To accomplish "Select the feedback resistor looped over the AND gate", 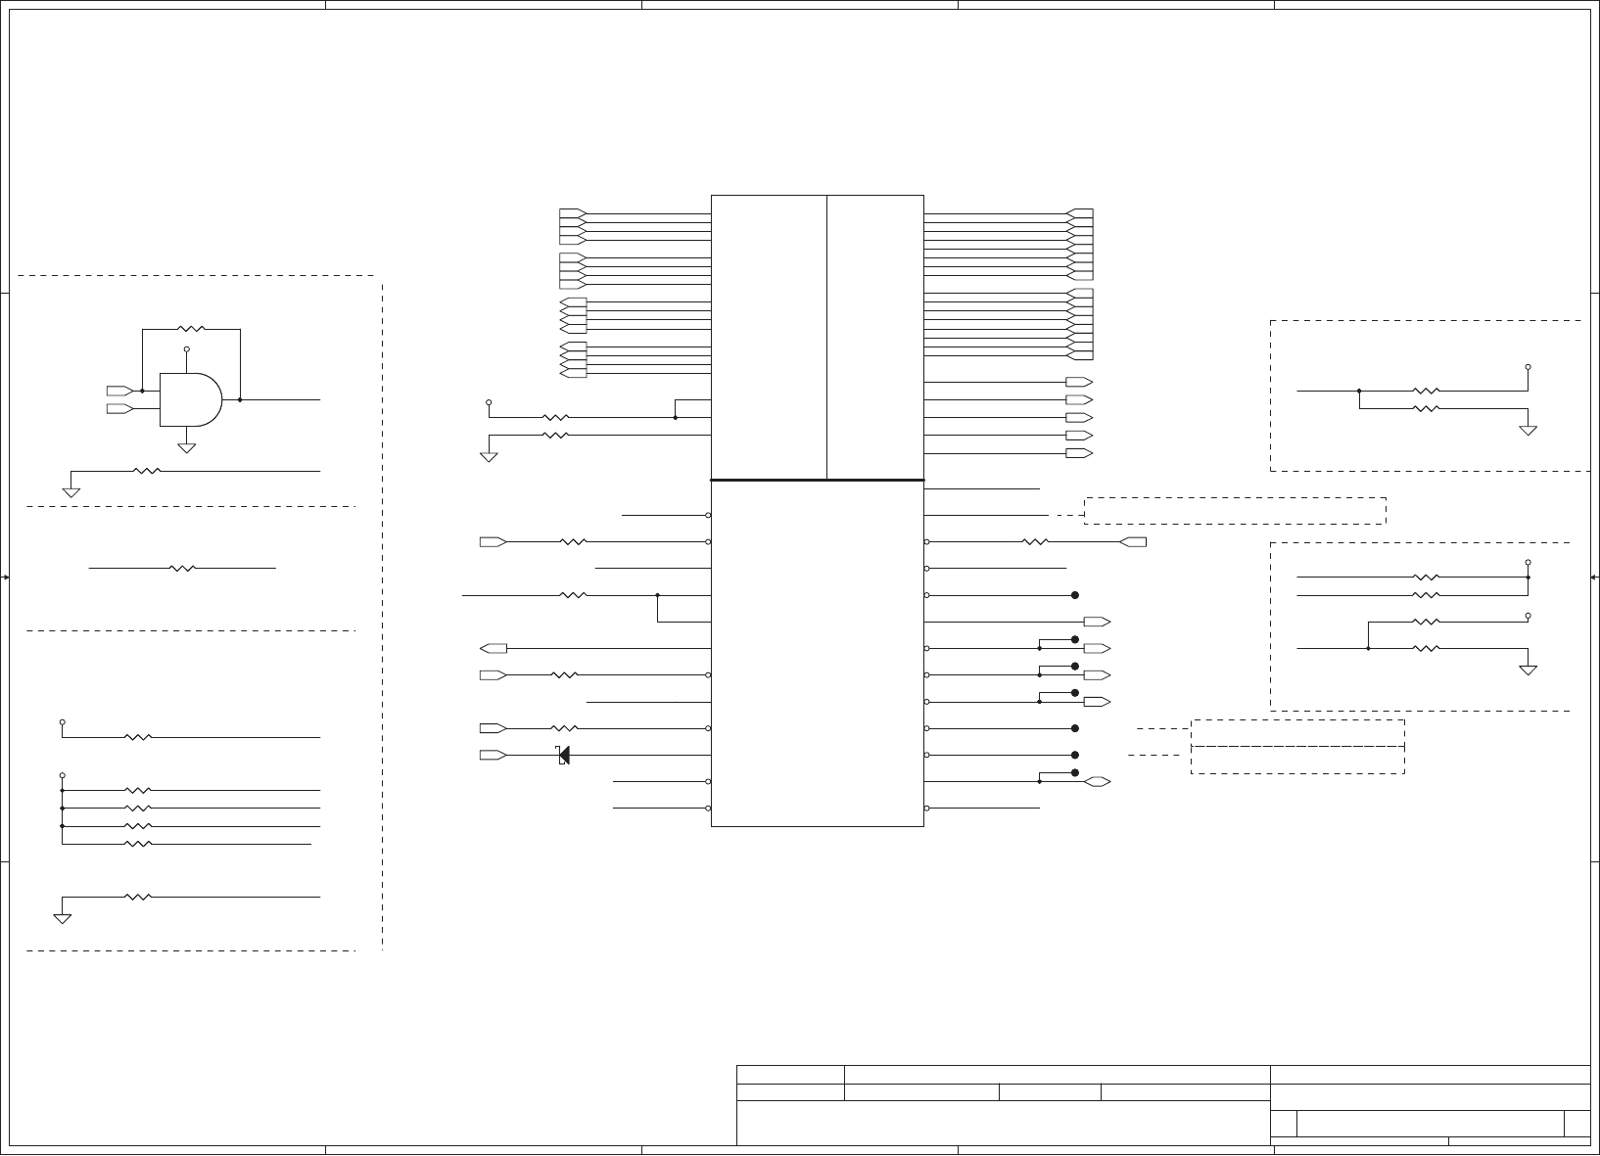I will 191,329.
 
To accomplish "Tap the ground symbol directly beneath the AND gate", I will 186,447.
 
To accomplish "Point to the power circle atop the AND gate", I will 186,348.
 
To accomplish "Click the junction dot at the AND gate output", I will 240,399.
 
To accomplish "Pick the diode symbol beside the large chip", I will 563,755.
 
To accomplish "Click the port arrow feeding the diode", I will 493,755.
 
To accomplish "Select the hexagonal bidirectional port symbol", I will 1097,782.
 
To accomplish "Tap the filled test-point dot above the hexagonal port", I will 1075,773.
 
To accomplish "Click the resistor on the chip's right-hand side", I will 1035,541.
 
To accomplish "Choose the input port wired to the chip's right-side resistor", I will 1133,541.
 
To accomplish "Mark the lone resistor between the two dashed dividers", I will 183,568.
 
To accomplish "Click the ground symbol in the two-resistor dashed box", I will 1528,430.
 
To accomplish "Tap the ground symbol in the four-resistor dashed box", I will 1528,670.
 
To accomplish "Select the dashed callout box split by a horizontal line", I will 1297,747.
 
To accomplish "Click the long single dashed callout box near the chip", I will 1235,510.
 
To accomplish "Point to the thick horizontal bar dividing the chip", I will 817,481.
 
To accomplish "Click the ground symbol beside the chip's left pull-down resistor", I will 489,455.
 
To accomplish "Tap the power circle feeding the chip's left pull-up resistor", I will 489,401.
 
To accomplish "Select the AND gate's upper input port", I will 119,391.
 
